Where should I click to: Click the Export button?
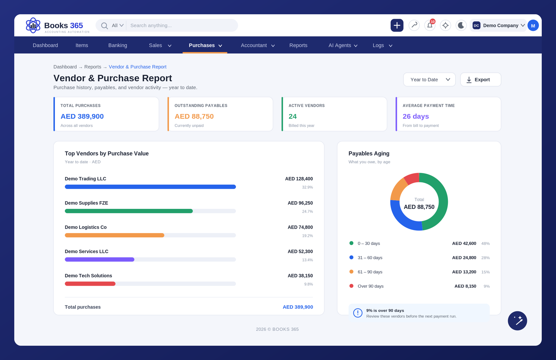(481, 80)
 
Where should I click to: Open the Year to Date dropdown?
(429, 80)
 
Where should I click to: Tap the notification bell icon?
(430, 25)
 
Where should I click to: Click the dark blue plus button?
(397, 25)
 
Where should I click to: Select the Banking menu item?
(118, 45)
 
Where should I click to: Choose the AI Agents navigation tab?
(343, 45)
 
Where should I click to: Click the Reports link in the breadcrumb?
(92, 67)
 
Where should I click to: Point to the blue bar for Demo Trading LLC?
(150, 187)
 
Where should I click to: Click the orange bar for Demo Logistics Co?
(114, 235)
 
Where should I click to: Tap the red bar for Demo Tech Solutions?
(90, 284)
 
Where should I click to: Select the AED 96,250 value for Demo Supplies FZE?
(300, 203)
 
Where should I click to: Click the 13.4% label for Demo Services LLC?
(307, 260)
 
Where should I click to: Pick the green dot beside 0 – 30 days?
(351, 243)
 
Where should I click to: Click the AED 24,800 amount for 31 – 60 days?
(464, 257)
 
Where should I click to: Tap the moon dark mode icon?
(461, 25)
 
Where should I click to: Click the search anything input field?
(182, 25)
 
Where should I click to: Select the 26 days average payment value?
(416, 116)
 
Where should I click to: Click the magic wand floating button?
(517, 320)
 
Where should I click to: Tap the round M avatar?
(533, 25)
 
